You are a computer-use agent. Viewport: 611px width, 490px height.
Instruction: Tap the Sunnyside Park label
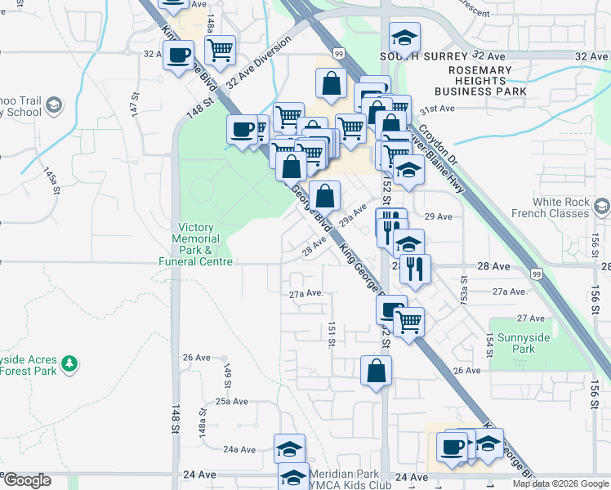(512, 343)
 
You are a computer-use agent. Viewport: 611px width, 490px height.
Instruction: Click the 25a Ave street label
(231, 401)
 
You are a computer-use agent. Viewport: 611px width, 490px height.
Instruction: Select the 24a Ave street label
(241, 449)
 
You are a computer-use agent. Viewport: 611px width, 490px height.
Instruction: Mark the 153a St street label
(464, 292)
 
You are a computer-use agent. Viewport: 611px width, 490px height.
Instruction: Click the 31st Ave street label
(436, 109)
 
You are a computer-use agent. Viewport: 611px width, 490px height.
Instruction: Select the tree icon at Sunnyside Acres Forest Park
(70, 363)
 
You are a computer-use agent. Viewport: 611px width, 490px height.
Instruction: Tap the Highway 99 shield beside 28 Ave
(536, 272)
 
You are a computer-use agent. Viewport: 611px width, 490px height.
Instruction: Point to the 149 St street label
(228, 375)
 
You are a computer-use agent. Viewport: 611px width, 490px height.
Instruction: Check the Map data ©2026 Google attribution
(560, 483)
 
